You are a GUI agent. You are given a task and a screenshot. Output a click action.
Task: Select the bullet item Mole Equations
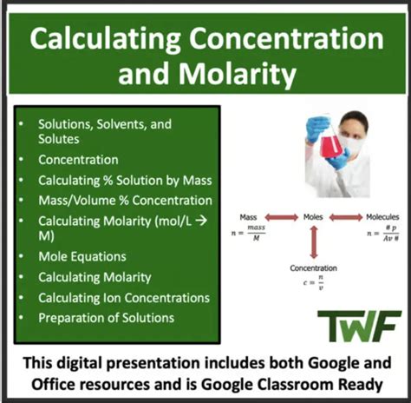[x=82, y=256]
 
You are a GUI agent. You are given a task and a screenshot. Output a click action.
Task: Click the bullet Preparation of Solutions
[x=106, y=317]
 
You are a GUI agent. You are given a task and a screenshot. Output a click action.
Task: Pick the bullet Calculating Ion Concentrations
[x=123, y=297]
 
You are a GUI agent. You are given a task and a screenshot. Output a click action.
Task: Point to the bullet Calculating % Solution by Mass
[x=124, y=181]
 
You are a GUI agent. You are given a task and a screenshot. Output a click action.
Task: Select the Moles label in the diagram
[x=313, y=217]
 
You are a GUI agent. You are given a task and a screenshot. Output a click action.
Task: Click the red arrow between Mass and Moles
[x=281, y=217]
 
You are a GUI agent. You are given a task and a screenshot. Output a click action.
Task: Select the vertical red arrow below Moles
[x=313, y=242]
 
